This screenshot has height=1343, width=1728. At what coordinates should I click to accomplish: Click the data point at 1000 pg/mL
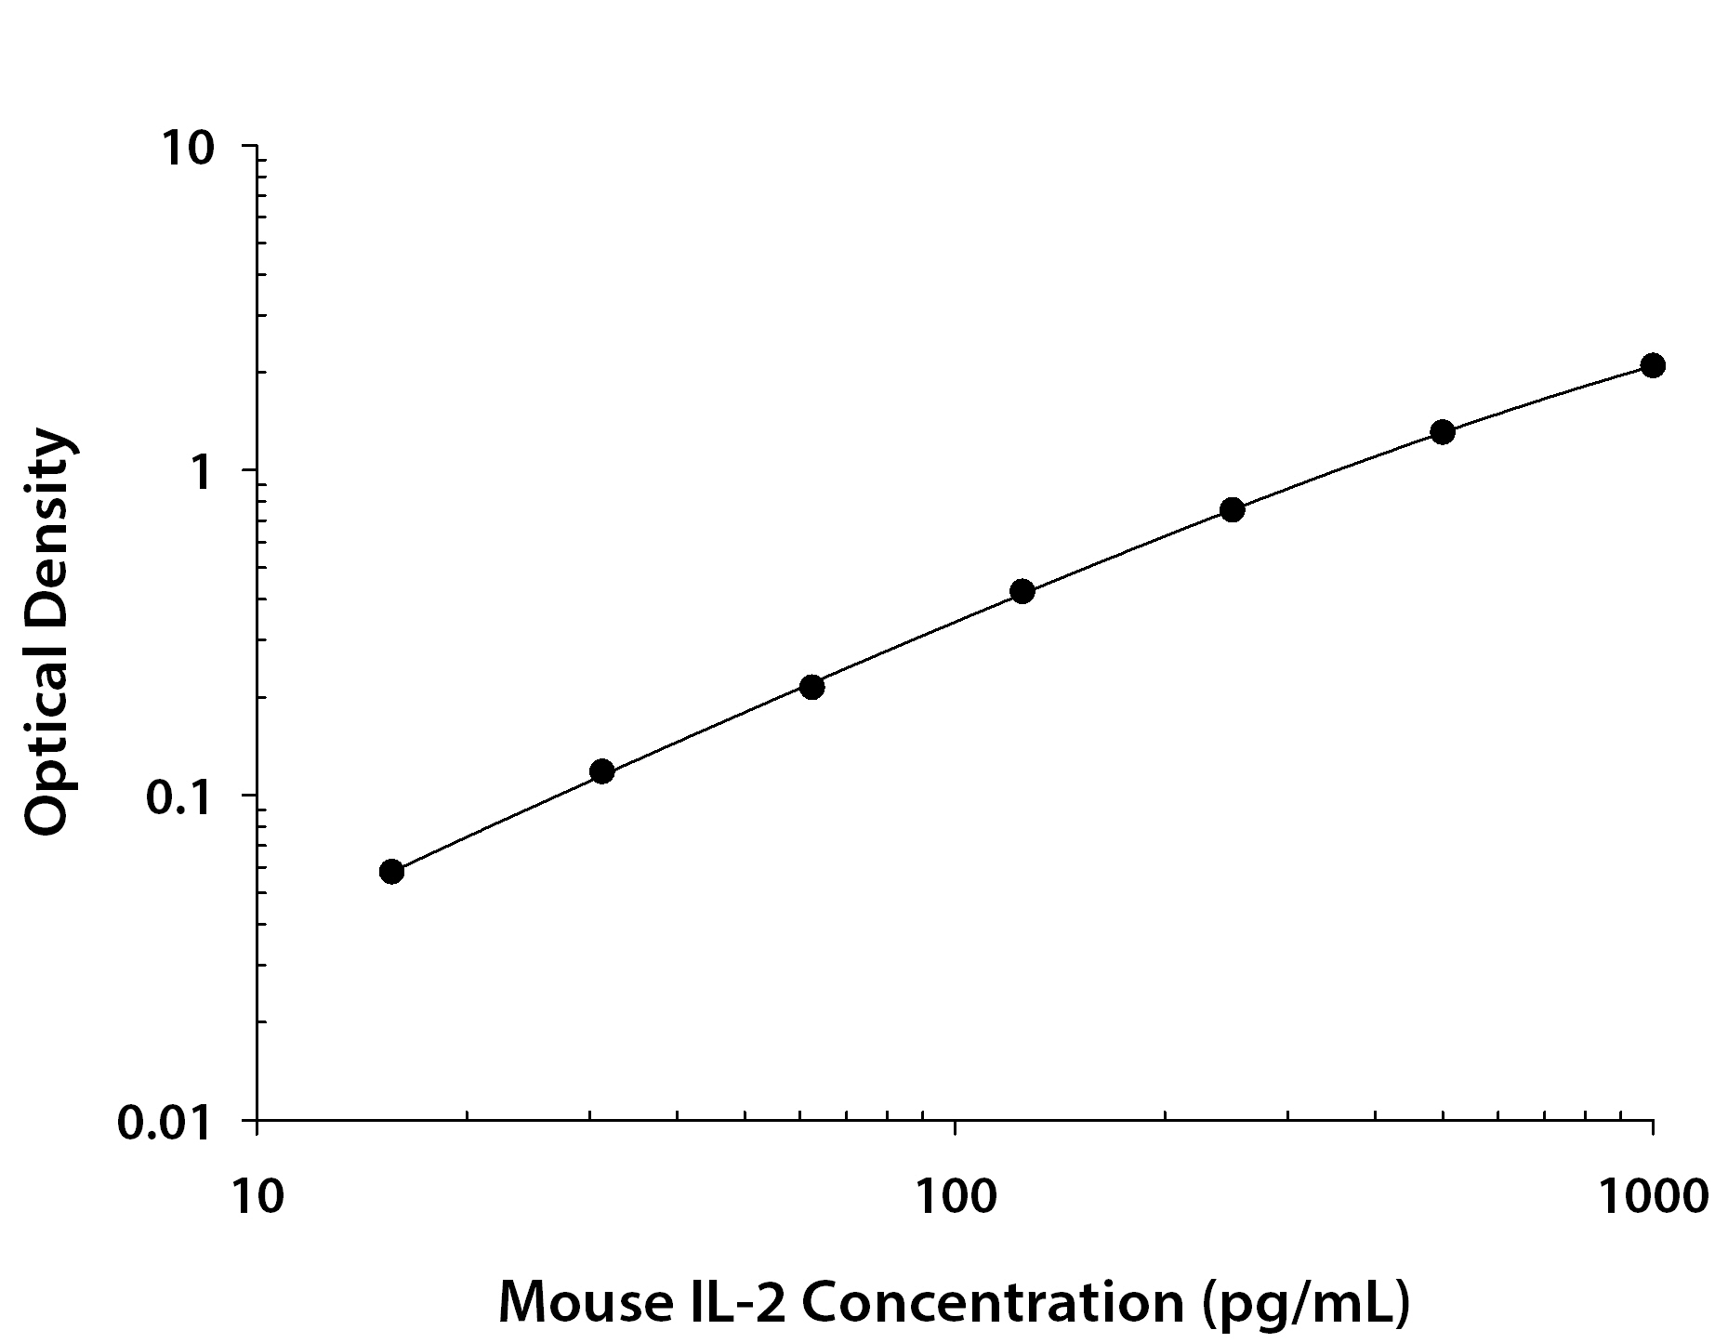(1652, 365)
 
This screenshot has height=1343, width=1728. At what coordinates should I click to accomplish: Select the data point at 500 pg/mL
(1442, 431)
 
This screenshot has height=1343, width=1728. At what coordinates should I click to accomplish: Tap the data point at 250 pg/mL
(1232, 509)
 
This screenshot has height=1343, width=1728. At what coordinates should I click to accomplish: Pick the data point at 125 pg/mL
(1022, 591)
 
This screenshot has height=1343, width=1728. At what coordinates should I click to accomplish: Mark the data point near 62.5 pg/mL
(811, 687)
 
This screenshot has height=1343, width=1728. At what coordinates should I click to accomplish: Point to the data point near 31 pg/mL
(601, 771)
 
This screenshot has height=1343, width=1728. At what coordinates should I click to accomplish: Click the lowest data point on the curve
(391, 872)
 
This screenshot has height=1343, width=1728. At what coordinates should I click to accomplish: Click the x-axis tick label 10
(256, 1195)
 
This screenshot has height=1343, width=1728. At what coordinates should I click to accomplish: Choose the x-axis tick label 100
(955, 1195)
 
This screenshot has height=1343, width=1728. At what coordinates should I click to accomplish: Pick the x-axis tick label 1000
(1652, 1195)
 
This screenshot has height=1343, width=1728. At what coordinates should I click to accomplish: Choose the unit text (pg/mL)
(1305, 1304)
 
